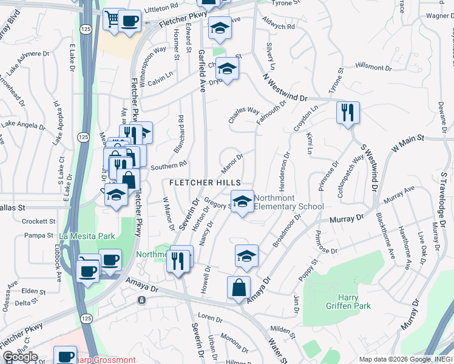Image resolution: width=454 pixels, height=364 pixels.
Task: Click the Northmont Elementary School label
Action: (289, 202)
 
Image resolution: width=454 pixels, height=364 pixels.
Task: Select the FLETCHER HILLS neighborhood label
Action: (205, 183)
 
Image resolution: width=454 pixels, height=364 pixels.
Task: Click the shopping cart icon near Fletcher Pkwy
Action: (113, 19)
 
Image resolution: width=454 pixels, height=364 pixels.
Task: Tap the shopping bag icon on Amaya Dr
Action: (239, 288)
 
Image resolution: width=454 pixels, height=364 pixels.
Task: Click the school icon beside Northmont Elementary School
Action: (242, 201)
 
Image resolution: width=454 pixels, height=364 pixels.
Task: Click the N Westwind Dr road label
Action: (286, 88)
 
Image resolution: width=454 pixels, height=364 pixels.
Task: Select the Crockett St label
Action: (38, 221)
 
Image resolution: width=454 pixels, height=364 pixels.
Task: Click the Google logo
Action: (21, 357)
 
